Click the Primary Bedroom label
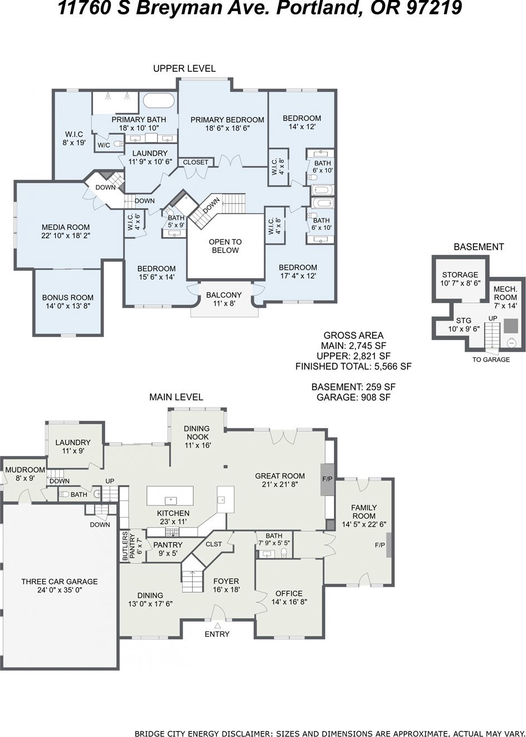227,124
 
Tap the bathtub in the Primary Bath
158,101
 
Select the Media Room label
65,231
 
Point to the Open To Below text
225,246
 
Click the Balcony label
224,299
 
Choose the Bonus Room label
68,301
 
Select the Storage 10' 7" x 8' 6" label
460,279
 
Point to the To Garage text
491,359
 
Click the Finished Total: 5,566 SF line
353,366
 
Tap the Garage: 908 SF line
353,397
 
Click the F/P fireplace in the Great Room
327,479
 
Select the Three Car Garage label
60,586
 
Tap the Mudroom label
25,473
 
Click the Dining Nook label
197,437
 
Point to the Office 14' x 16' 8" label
289,597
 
